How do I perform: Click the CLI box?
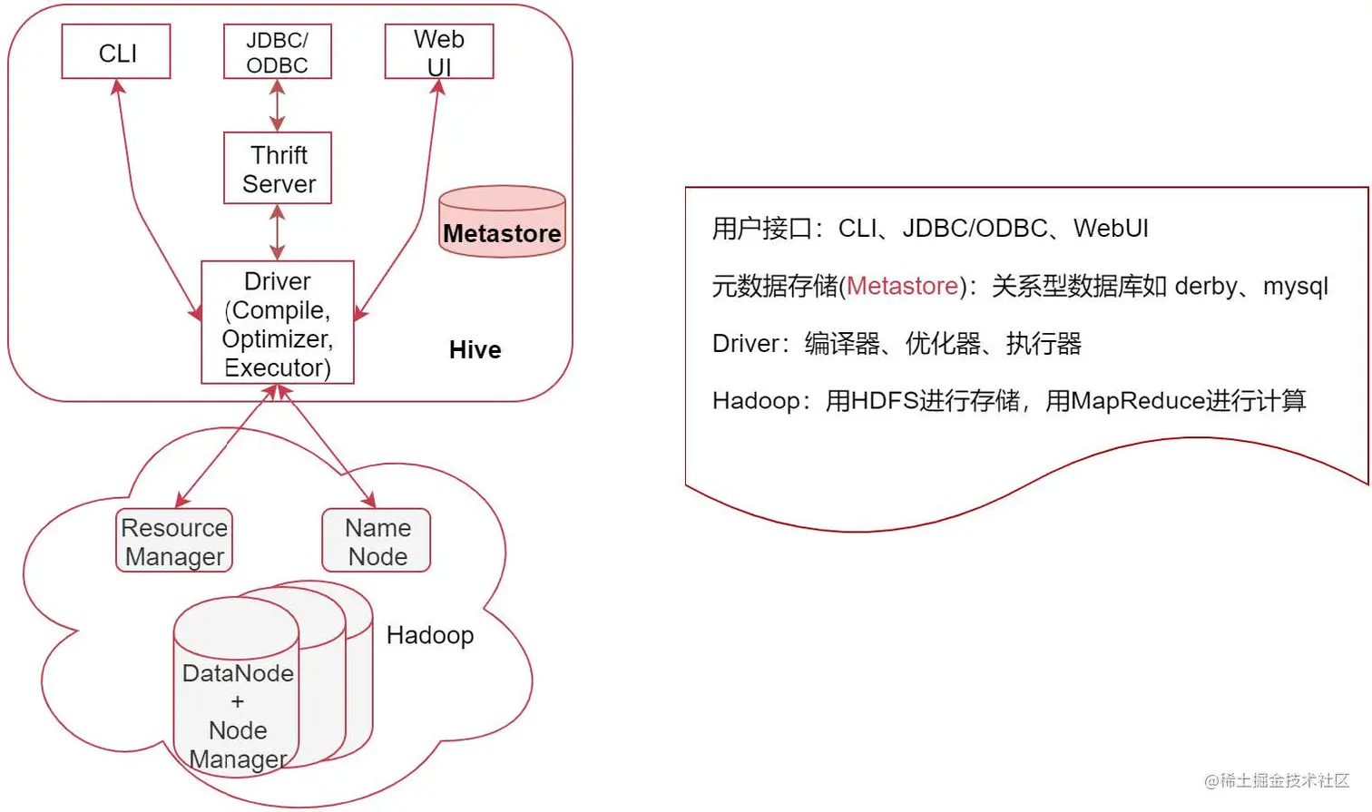pyautogui.click(x=116, y=52)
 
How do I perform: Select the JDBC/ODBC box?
pyautogui.click(x=277, y=52)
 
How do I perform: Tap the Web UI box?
pyautogui.click(x=439, y=52)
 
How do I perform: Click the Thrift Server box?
pyautogui.click(x=278, y=169)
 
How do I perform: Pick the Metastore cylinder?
pyautogui.click(x=502, y=223)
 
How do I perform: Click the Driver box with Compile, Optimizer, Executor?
pyautogui.click(x=278, y=323)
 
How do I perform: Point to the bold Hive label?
pyautogui.click(x=475, y=350)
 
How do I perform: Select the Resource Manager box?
pyautogui.click(x=174, y=541)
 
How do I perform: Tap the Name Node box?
pyautogui.click(x=377, y=541)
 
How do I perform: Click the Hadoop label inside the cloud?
pyautogui.click(x=430, y=635)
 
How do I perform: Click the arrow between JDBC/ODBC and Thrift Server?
pyautogui.click(x=278, y=105)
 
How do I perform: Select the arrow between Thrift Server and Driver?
pyautogui.click(x=278, y=232)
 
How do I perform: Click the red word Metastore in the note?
pyautogui.click(x=902, y=287)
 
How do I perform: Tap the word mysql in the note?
pyautogui.click(x=1295, y=287)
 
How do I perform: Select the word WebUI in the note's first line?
pyautogui.click(x=1111, y=229)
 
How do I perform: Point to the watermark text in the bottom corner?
pyautogui.click(x=1277, y=780)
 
